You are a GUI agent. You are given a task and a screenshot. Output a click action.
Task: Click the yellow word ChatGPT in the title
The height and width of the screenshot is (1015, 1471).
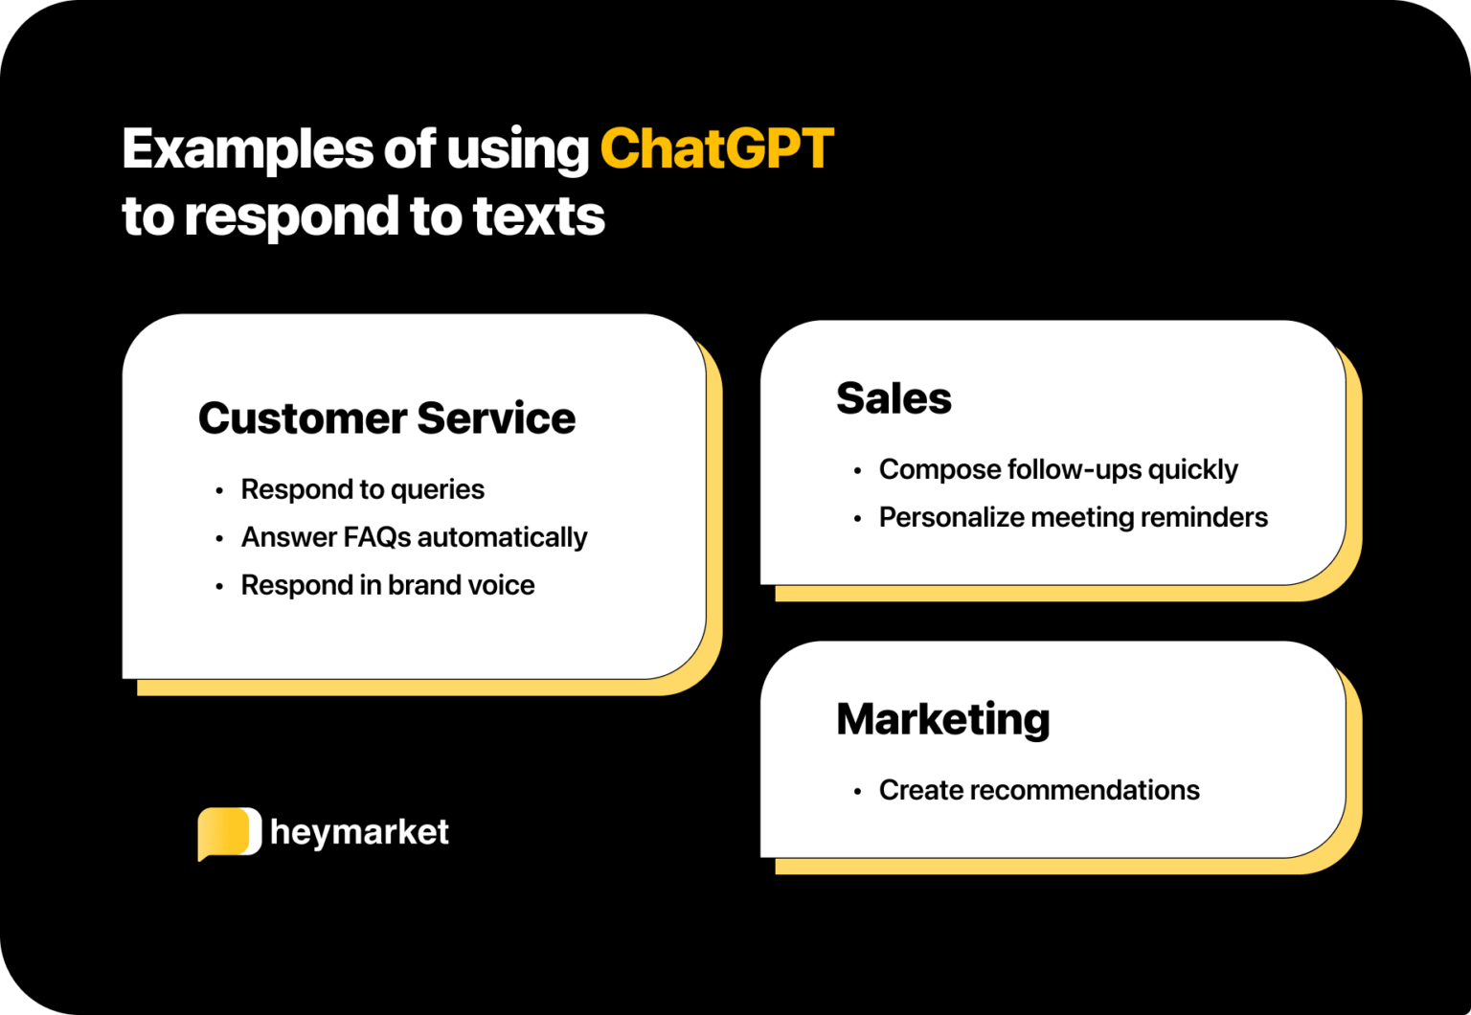tap(716, 148)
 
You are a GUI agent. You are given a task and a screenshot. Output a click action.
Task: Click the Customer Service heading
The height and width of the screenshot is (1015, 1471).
tap(387, 417)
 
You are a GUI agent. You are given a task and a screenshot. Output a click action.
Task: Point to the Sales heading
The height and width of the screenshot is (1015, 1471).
tap(894, 397)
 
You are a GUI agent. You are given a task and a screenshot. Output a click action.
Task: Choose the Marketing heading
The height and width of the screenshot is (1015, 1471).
tap(943, 719)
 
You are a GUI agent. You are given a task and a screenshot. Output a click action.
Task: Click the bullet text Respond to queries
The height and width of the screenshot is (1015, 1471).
tap(363, 489)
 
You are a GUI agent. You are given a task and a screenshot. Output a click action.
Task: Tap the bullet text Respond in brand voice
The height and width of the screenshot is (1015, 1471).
tap(388, 585)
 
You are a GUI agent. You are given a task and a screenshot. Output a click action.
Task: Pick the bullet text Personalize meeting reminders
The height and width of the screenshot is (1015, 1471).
tap(1073, 517)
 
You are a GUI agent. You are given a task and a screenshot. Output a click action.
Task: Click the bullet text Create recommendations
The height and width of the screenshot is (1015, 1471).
tap(1039, 790)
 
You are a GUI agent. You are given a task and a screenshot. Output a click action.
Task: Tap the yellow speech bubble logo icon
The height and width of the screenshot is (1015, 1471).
tap(229, 833)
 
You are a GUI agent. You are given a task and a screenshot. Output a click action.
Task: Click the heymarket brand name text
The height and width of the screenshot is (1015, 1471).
tap(359, 832)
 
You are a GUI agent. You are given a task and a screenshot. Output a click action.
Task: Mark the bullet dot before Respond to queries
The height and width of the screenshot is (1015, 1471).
tap(219, 490)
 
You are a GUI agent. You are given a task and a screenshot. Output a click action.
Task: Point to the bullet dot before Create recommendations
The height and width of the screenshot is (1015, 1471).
tap(857, 792)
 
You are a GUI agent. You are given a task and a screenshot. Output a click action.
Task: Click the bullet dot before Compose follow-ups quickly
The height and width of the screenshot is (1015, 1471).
tap(857, 471)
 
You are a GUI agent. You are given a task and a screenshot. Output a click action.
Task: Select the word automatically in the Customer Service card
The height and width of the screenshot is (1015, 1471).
tap(503, 538)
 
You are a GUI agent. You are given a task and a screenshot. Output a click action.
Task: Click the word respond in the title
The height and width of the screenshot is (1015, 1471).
tap(291, 217)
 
